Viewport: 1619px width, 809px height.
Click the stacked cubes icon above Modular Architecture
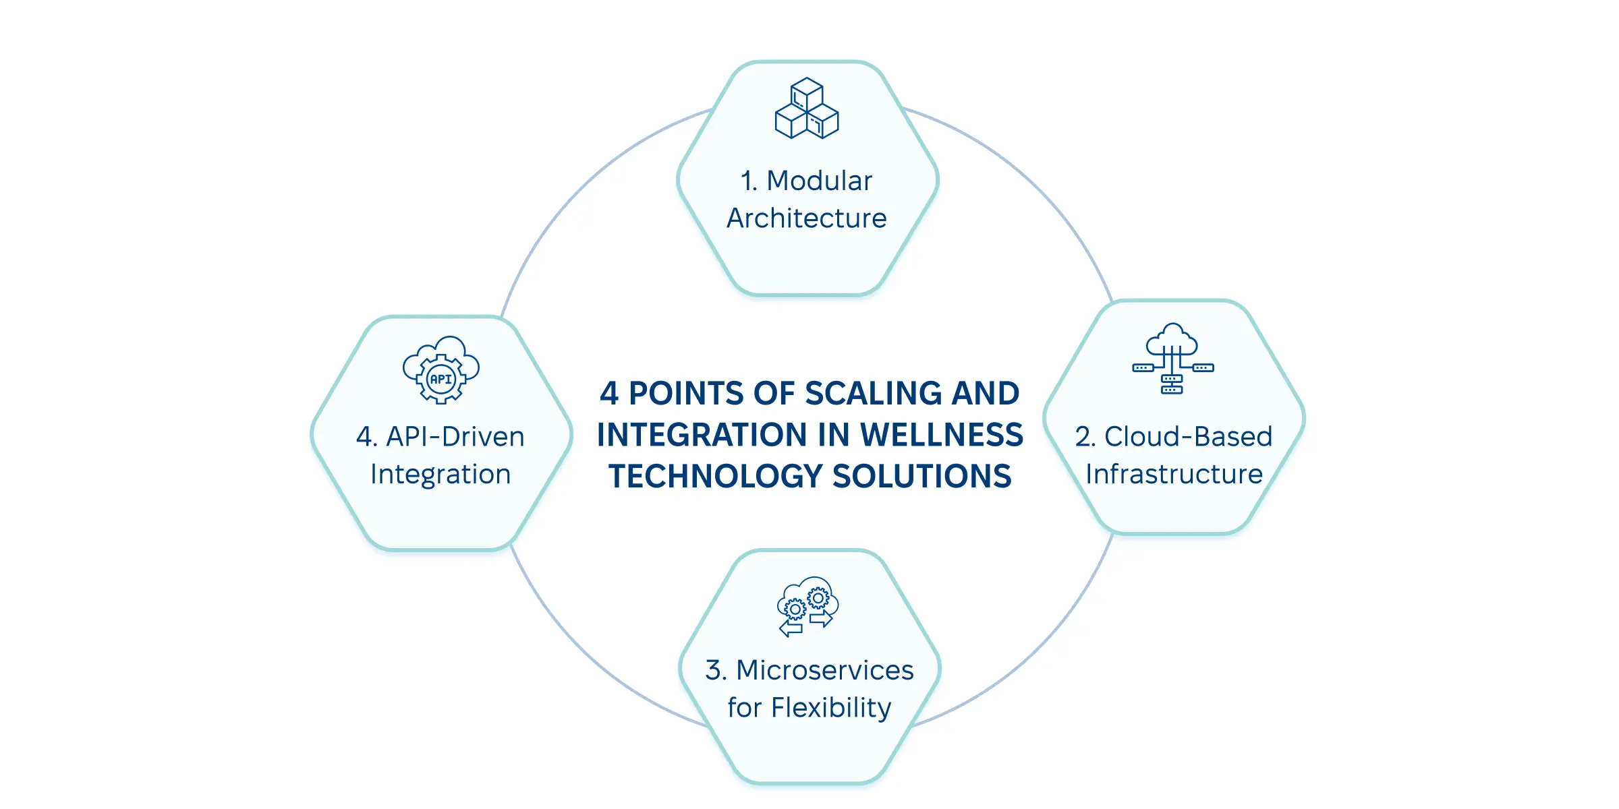807,109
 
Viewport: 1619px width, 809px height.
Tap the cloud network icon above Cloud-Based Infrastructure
1172,359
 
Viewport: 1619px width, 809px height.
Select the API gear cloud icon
441,370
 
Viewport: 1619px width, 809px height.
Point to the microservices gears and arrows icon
807,605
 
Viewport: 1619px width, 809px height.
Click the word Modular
819,181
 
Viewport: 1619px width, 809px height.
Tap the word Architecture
807,218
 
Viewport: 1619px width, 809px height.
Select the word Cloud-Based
1188,437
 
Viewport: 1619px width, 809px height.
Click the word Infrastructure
1174,475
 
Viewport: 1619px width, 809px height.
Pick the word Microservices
824,670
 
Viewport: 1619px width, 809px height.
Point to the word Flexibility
831,708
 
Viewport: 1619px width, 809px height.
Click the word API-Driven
455,437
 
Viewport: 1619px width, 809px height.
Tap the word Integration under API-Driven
441,475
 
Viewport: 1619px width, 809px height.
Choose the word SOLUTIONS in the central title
922,477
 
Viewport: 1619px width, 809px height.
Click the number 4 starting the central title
609,394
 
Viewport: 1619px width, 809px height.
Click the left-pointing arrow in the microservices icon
791,630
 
